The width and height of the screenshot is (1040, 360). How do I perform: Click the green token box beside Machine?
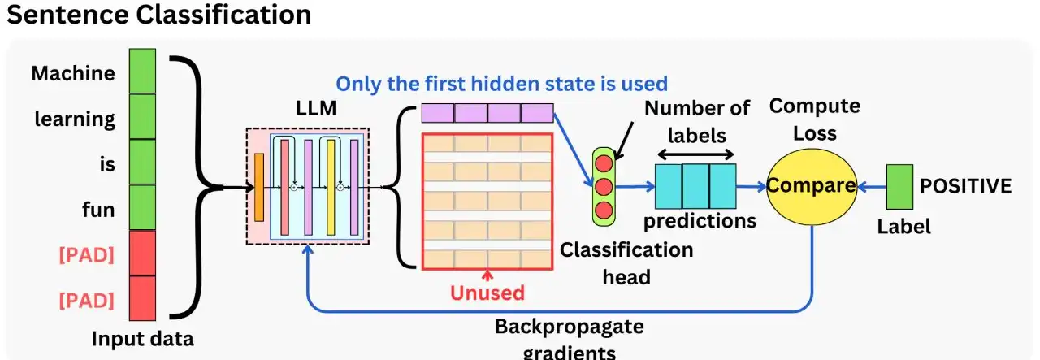pos(142,72)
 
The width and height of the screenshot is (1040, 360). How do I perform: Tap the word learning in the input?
pos(75,119)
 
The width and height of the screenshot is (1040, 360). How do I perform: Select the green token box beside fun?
pos(142,208)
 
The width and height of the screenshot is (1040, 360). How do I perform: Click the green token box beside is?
pos(142,163)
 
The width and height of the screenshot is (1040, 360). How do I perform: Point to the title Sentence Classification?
pos(158,15)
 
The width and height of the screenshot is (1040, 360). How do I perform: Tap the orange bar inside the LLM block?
pos(259,187)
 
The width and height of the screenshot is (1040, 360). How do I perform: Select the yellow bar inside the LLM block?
pos(331,187)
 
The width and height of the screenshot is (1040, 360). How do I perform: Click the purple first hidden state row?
pos(487,112)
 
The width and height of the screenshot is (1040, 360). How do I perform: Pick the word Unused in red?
pos(488,293)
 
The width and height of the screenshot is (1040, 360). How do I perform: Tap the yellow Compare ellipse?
pos(811,186)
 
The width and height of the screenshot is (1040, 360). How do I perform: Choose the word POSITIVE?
pos(965,186)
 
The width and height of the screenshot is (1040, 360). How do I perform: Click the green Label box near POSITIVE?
pos(898,186)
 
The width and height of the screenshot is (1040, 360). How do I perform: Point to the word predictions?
pos(700,220)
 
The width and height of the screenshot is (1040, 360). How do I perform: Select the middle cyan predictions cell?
pos(695,186)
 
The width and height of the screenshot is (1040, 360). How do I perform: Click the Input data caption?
pos(142,339)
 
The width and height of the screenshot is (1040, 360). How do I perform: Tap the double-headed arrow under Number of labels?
pos(695,154)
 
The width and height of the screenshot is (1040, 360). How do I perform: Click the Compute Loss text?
pos(814,119)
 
